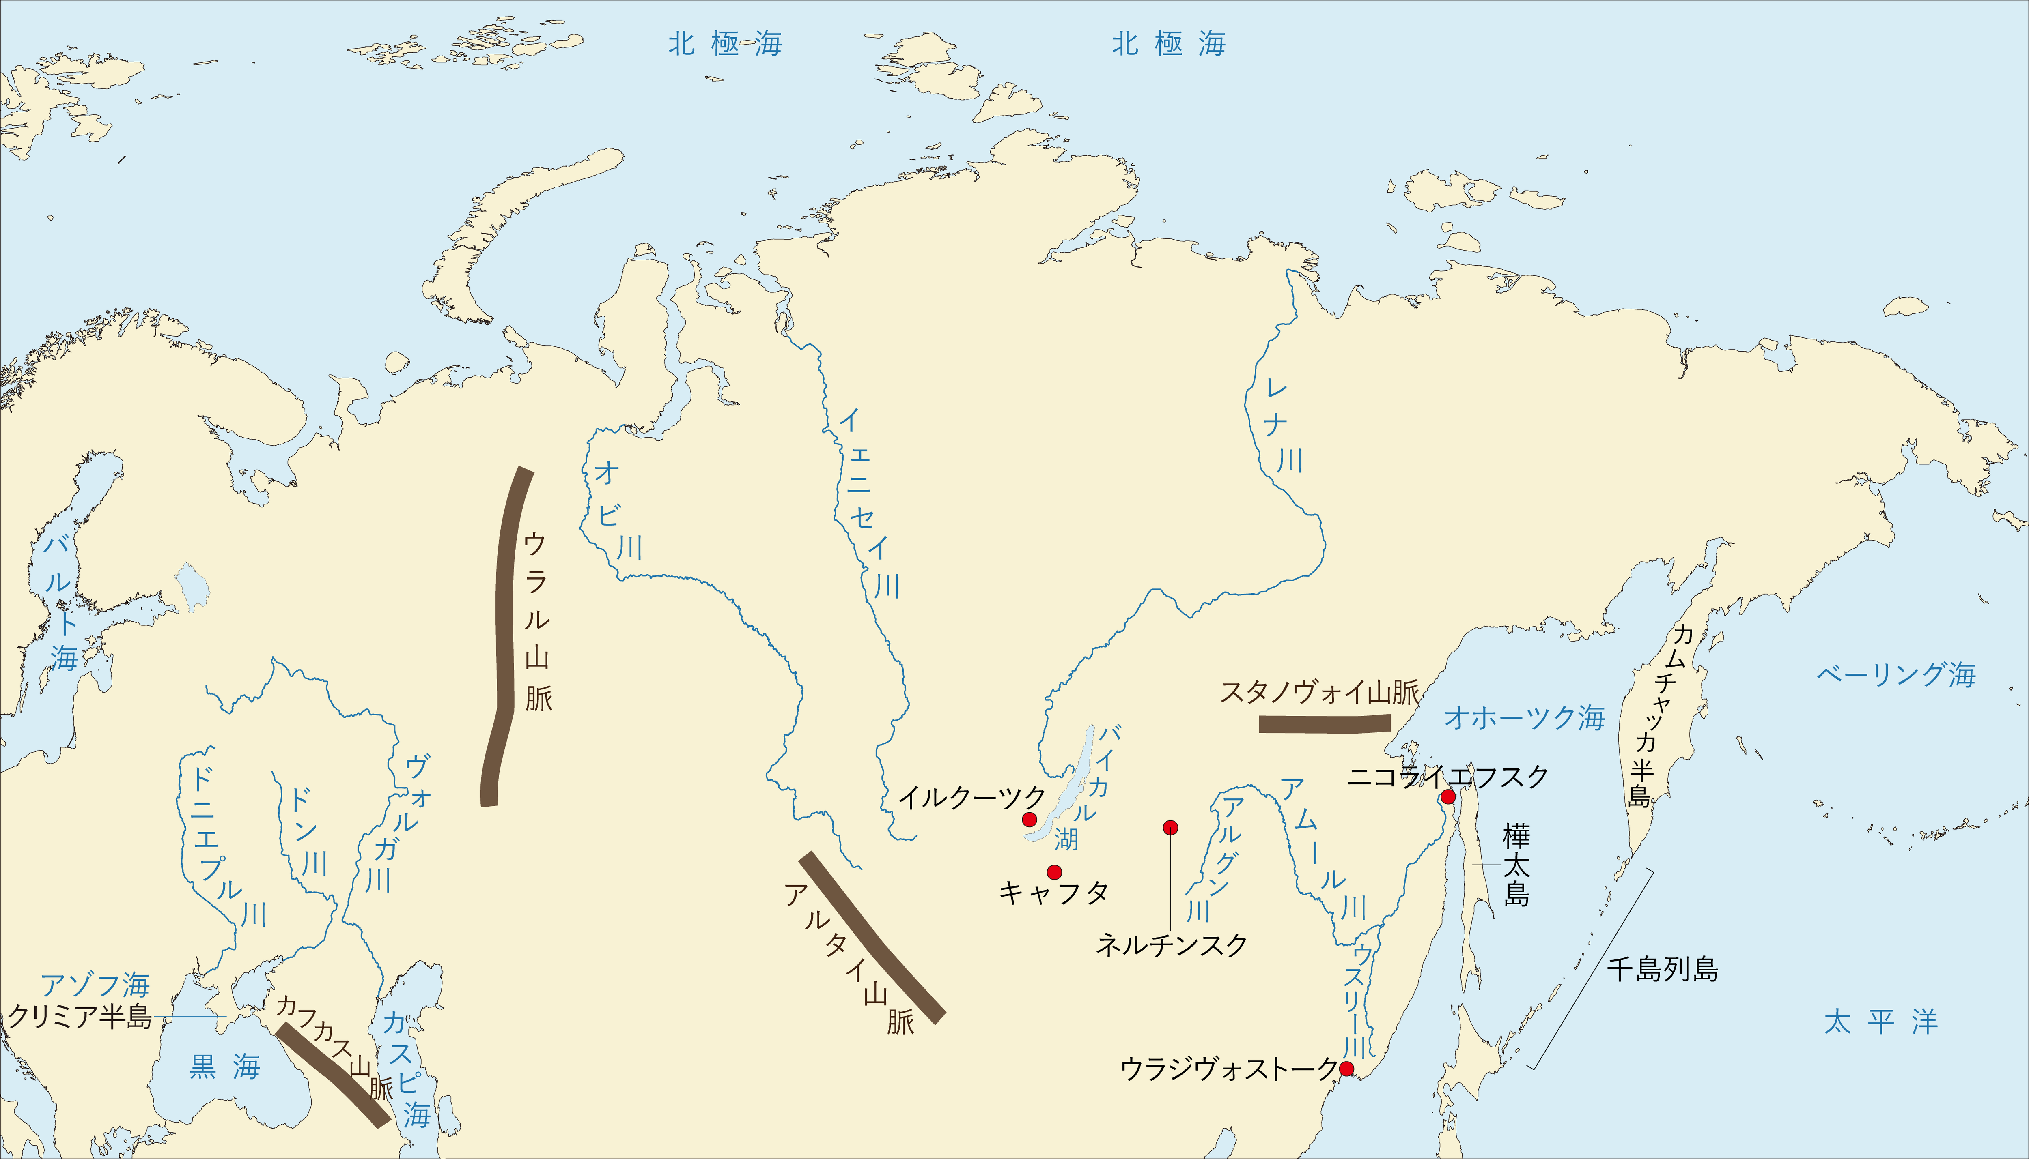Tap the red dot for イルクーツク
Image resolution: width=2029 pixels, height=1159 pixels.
tap(1030, 819)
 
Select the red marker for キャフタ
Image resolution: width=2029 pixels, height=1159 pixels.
tap(1054, 871)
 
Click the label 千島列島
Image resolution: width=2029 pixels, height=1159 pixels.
tap(1662, 970)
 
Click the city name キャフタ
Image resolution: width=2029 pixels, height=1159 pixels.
tap(1053, 893)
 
